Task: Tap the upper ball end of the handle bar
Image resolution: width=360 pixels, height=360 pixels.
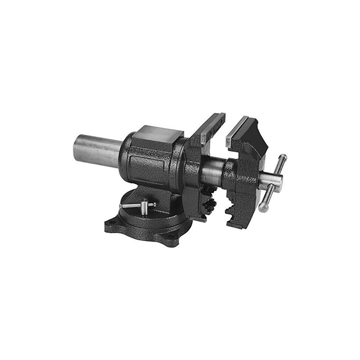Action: pyautogui.click(x=284, y=157)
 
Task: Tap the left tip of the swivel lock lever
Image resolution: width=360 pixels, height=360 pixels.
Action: pyautogui.click(x=121, y=206)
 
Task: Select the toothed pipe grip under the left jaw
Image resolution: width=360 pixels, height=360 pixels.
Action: pyautogui.click(x=209, y=206)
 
